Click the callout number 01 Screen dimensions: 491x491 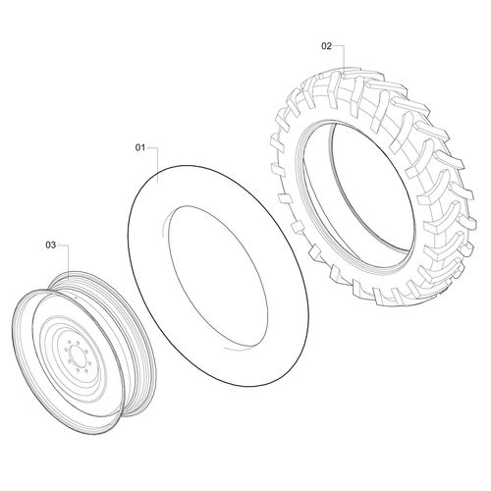pos(140,147)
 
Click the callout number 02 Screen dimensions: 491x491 pos(326,45)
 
